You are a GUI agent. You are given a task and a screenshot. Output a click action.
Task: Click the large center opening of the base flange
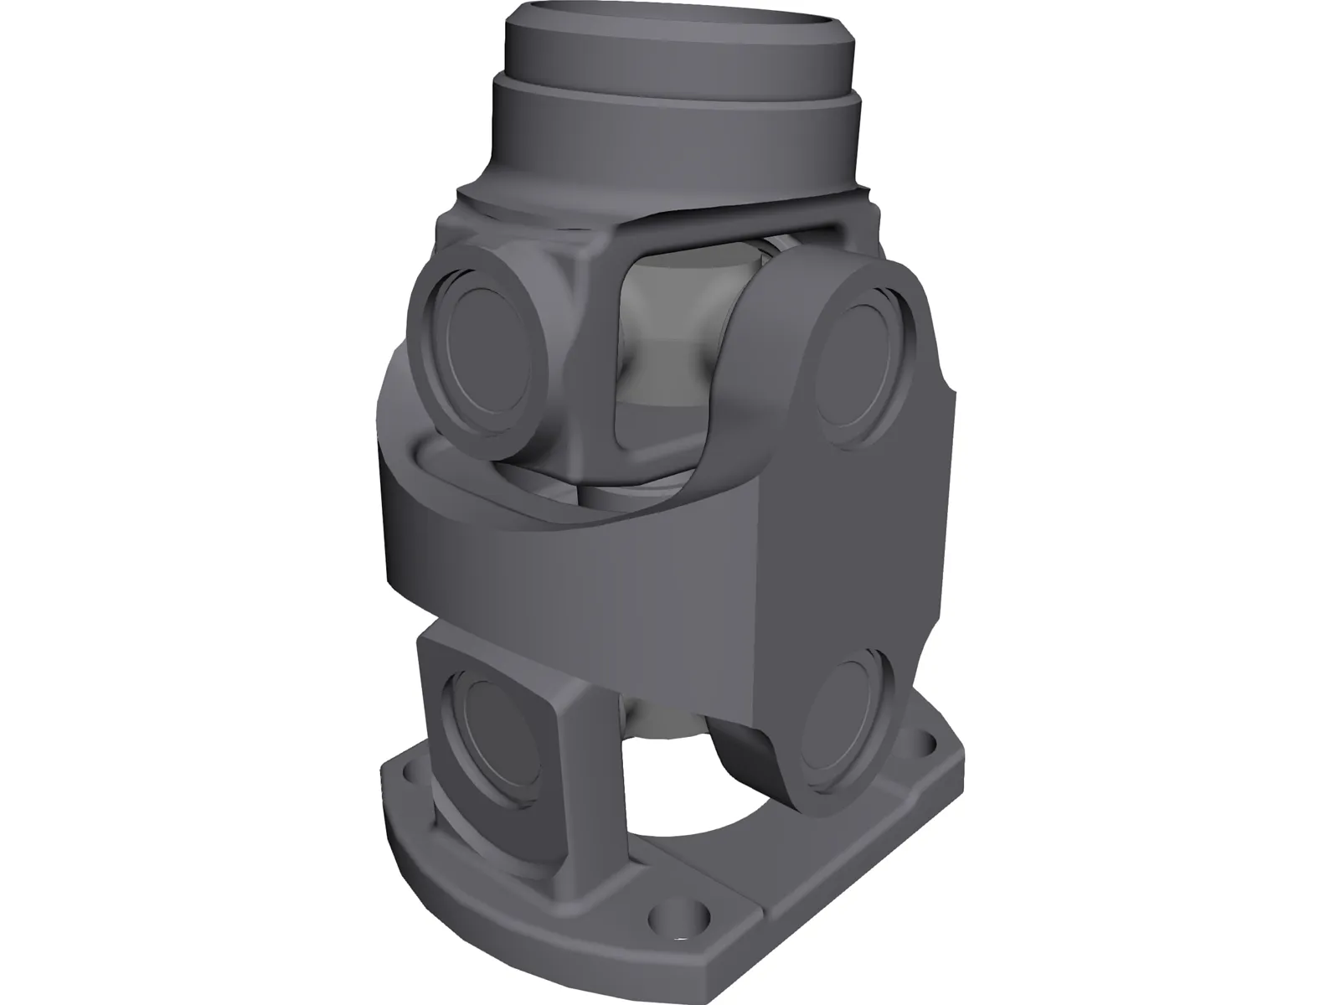click(x=695, y=837)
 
